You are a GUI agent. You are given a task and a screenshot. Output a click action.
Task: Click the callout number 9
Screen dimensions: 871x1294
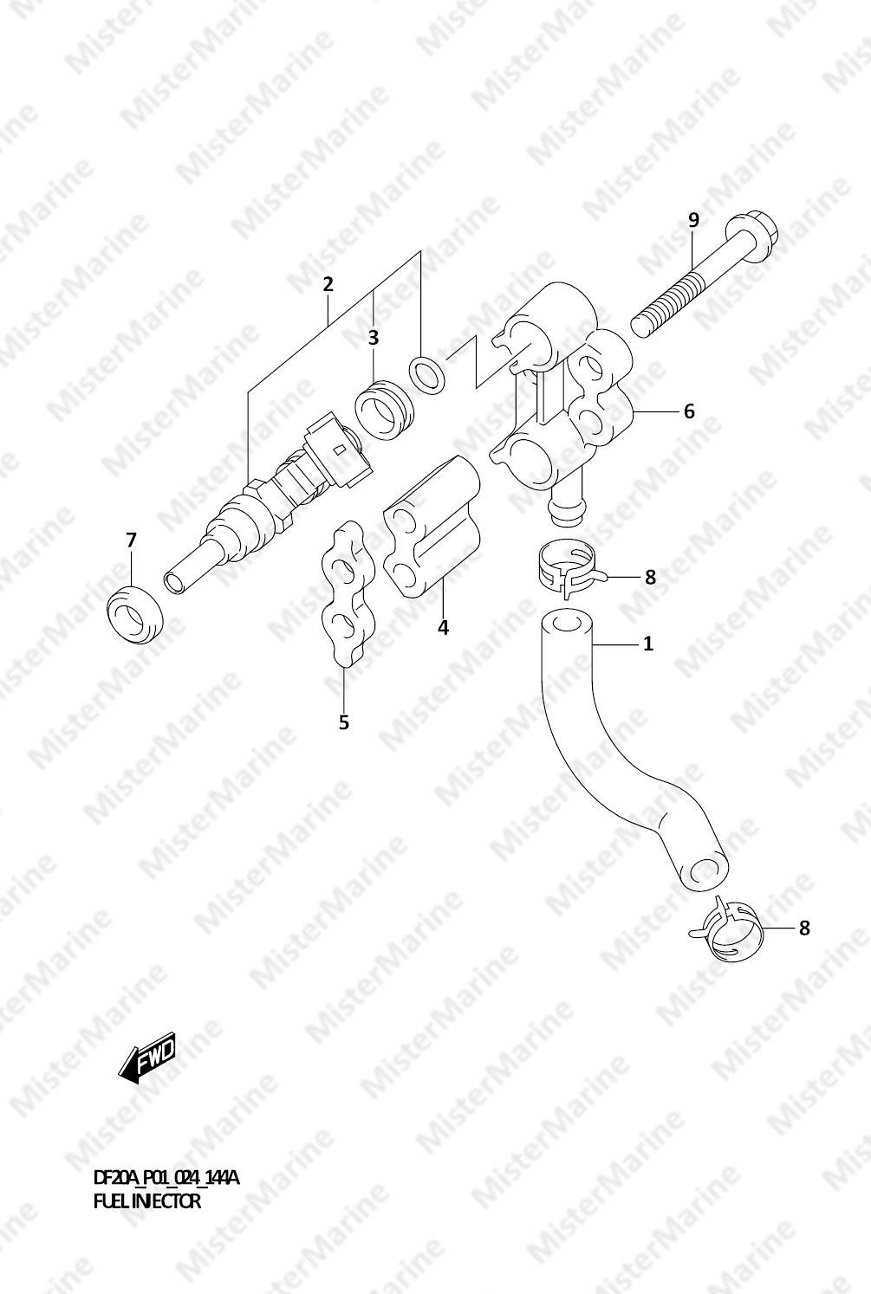pyautogui.click(x=693, y=220)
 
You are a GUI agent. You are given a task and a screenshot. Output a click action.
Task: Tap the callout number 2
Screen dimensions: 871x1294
pyautogui.click(x=328, y=284)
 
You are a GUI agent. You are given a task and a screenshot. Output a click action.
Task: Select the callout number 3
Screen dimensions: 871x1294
pyautogui.click(x=374, y=338)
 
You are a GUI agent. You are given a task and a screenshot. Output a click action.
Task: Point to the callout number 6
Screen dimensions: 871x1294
pyautogui.click(x=689, y=412)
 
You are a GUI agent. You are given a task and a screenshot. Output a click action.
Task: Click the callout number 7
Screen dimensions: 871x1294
pyautogui.click(x=131, y=540)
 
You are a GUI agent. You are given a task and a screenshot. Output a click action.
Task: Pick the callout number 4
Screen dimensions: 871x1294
pyautogui.click(x=444, y=627)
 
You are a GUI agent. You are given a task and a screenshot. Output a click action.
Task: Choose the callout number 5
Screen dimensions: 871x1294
pyautogui.click(x=344, y=722)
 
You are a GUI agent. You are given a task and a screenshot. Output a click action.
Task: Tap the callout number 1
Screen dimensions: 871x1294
pyautogui.click(x=648, y=644)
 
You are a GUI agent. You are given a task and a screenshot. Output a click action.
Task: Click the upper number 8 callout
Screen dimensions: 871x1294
pyautogui.click(x=650, y=577)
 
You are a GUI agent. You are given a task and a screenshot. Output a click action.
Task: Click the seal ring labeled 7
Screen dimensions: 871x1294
pyautogui.click(x=134, y=614)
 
